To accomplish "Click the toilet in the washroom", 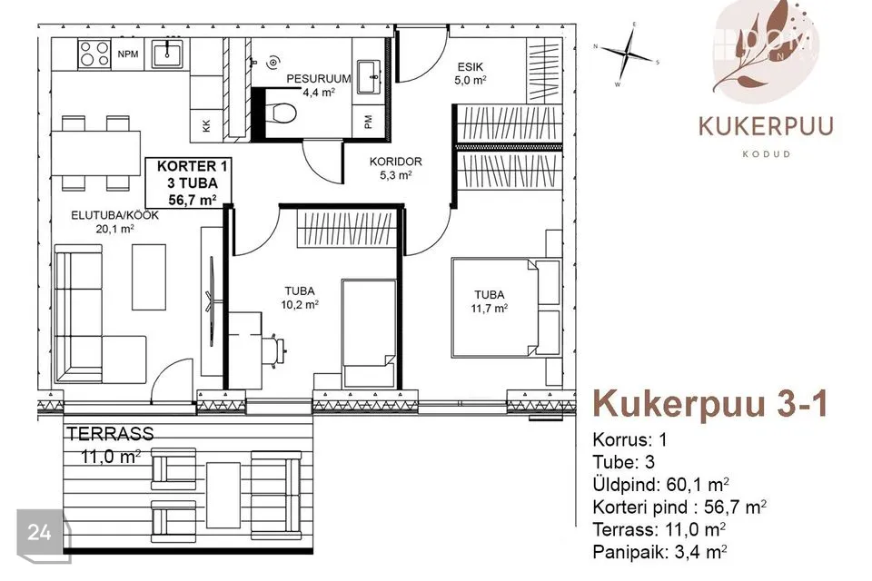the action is (282, 113).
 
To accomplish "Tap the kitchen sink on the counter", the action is (167, 54).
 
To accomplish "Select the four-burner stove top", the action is (94, 54).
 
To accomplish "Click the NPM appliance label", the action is (128, 54).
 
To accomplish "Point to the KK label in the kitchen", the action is (207, 125).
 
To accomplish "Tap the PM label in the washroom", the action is (368, 122).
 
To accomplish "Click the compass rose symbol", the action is (627, 54).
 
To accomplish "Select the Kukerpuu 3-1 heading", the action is (710, 404).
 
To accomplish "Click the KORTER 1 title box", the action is (188, 182).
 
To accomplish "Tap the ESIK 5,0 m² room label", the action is (471, 74).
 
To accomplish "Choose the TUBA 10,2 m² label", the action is (300, 298).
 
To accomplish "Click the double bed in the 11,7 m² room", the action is (496, 306).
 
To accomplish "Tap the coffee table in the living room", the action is (148, 277).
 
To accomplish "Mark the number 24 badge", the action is (39, 533).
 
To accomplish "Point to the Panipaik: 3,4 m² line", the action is (660, 552).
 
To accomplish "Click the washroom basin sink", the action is (368, 77).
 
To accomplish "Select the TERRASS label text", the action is (110, 434).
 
